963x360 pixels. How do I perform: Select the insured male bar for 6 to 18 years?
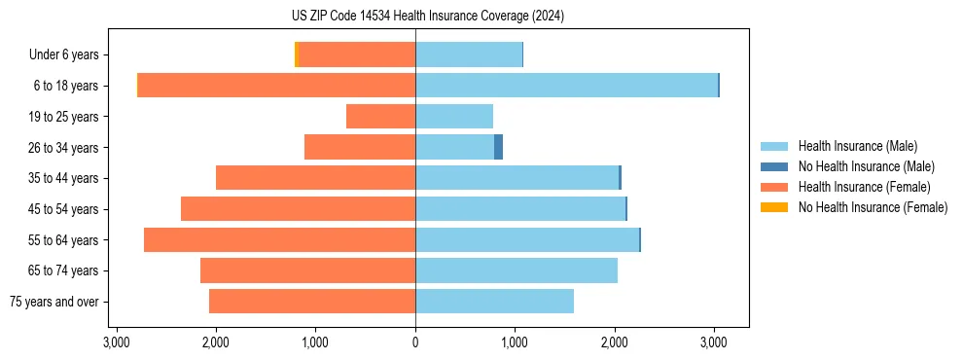566,86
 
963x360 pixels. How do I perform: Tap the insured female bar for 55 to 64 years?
279,239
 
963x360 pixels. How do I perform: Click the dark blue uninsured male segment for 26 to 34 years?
498,147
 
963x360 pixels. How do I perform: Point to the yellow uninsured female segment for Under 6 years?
296,54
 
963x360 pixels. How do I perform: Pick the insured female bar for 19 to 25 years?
380,117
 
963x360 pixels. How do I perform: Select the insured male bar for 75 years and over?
494,302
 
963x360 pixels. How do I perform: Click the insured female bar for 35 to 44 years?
315,178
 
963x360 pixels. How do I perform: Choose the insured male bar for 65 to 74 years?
517,270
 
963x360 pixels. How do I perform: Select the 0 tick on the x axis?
415,342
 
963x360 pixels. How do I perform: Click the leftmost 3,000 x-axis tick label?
116,342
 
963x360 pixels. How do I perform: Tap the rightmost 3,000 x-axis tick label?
715,342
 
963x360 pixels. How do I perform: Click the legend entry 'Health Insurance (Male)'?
856,146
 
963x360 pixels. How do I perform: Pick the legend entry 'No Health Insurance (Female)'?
873,207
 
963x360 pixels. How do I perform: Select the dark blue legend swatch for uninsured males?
774,166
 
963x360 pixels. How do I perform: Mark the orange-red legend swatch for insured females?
774,187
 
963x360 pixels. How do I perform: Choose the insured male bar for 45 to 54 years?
520,209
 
